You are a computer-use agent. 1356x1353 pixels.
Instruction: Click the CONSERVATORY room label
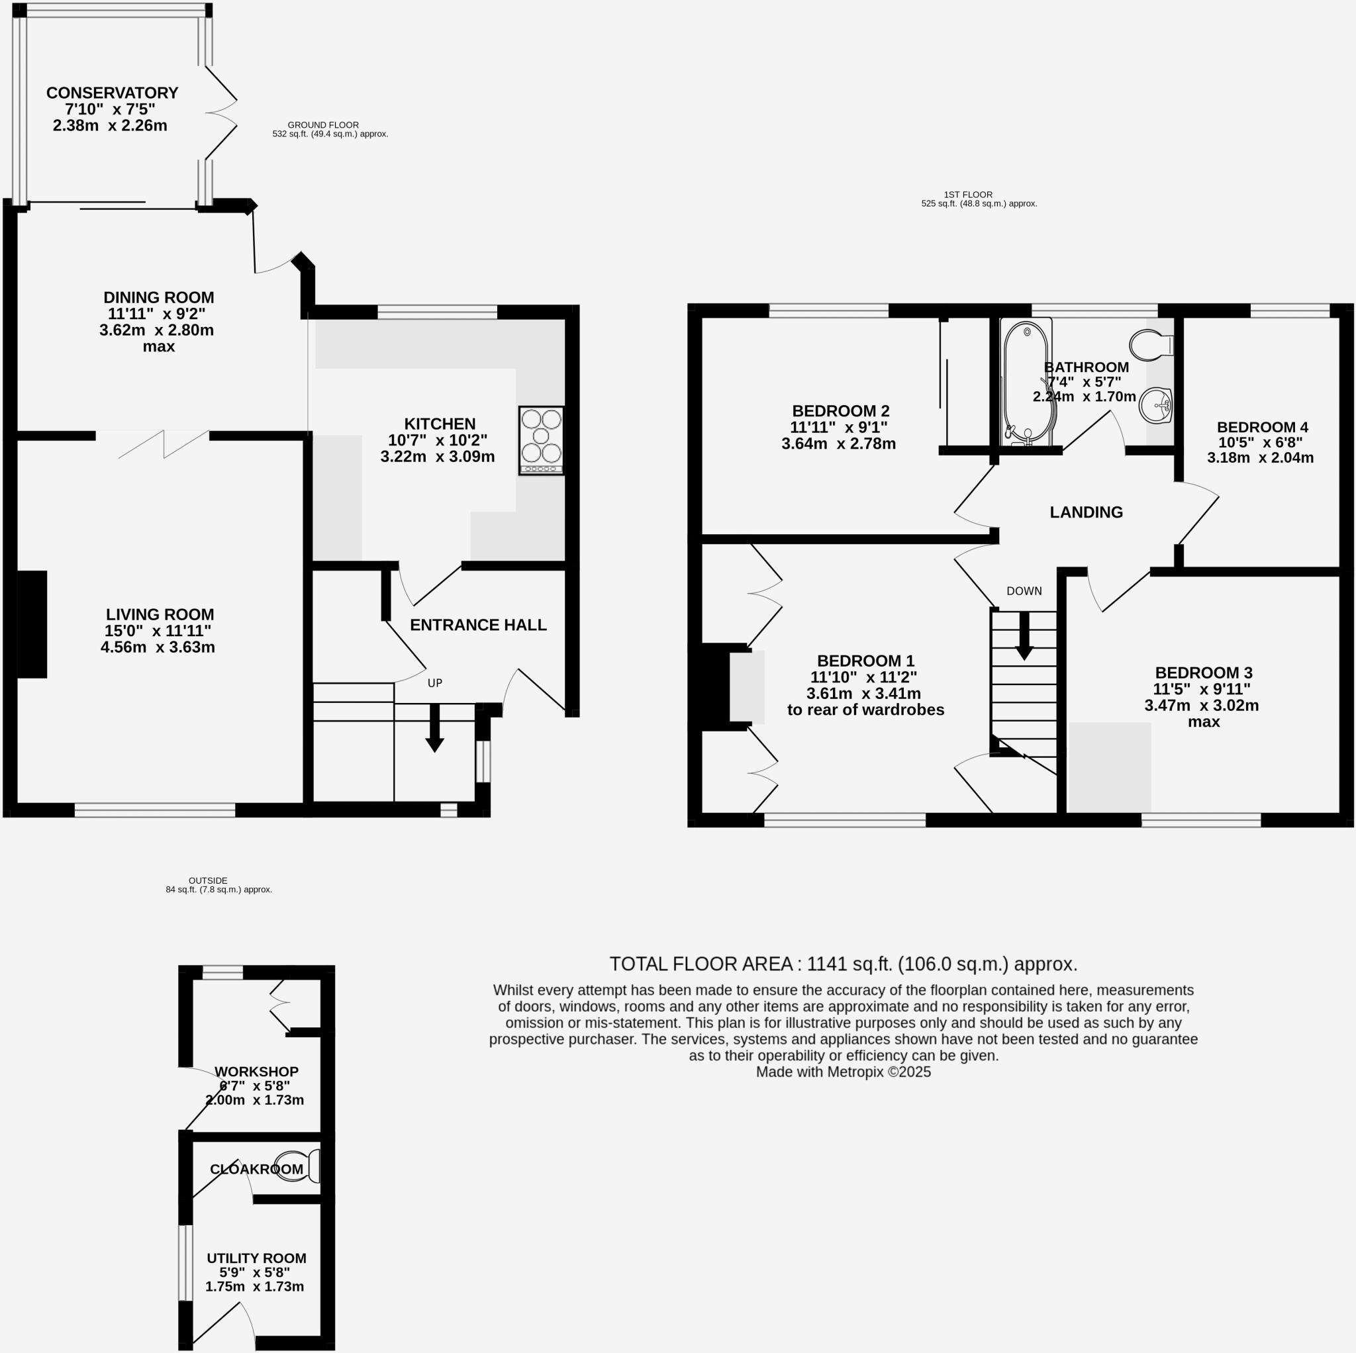[x=113, y=93]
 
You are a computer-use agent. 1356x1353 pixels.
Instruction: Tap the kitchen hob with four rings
[x=541, y=440]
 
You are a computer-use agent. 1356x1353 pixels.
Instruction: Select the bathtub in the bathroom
[x=1026, y=383]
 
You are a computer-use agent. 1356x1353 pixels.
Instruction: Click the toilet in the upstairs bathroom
[x=1151, y=345]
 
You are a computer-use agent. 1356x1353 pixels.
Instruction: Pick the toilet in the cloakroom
[x=295, y=1166]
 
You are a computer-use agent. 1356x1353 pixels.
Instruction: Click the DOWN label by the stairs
[x=1024, y=591]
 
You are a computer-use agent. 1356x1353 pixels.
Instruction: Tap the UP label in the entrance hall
[x=435, y=683]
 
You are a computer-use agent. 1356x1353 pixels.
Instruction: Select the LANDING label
[x=1086, y=512]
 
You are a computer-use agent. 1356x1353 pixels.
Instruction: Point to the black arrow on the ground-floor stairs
[x=434, y=727]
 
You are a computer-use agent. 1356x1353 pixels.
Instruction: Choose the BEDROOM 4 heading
[x=1262, y=427]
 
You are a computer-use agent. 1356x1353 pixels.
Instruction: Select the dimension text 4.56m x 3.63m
[x=158, y=647]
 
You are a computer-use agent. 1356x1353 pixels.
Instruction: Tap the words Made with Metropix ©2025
[x=843, y=1072]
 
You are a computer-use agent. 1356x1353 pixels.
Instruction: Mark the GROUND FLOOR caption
[x=323, y=125]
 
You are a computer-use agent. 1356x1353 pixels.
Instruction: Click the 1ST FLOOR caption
[x=968, y=195]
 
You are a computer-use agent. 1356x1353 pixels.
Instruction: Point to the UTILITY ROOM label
[x=256, y=1258]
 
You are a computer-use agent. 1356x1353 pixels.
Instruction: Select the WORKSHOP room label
[x=256, y=1072]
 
